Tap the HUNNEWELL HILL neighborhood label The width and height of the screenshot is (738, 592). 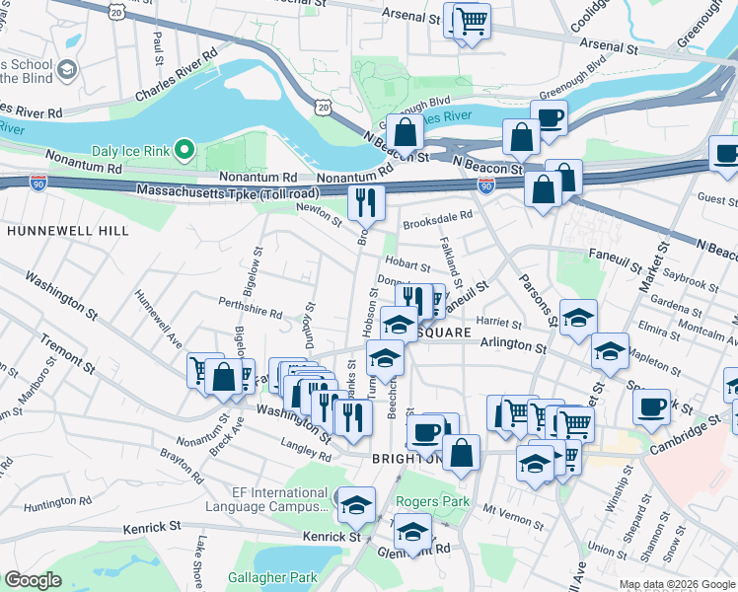[x=67, y=230]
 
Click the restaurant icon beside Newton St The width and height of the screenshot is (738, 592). [x=366, y=203]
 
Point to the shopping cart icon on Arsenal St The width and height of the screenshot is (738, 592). [x=472, y=20]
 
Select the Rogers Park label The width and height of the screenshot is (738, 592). [x=432, y=501]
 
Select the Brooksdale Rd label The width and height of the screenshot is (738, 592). [x=438, y=216]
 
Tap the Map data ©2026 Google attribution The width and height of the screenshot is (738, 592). [x=676, y=584]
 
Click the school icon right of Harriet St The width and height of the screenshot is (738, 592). [x=578, y=317]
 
